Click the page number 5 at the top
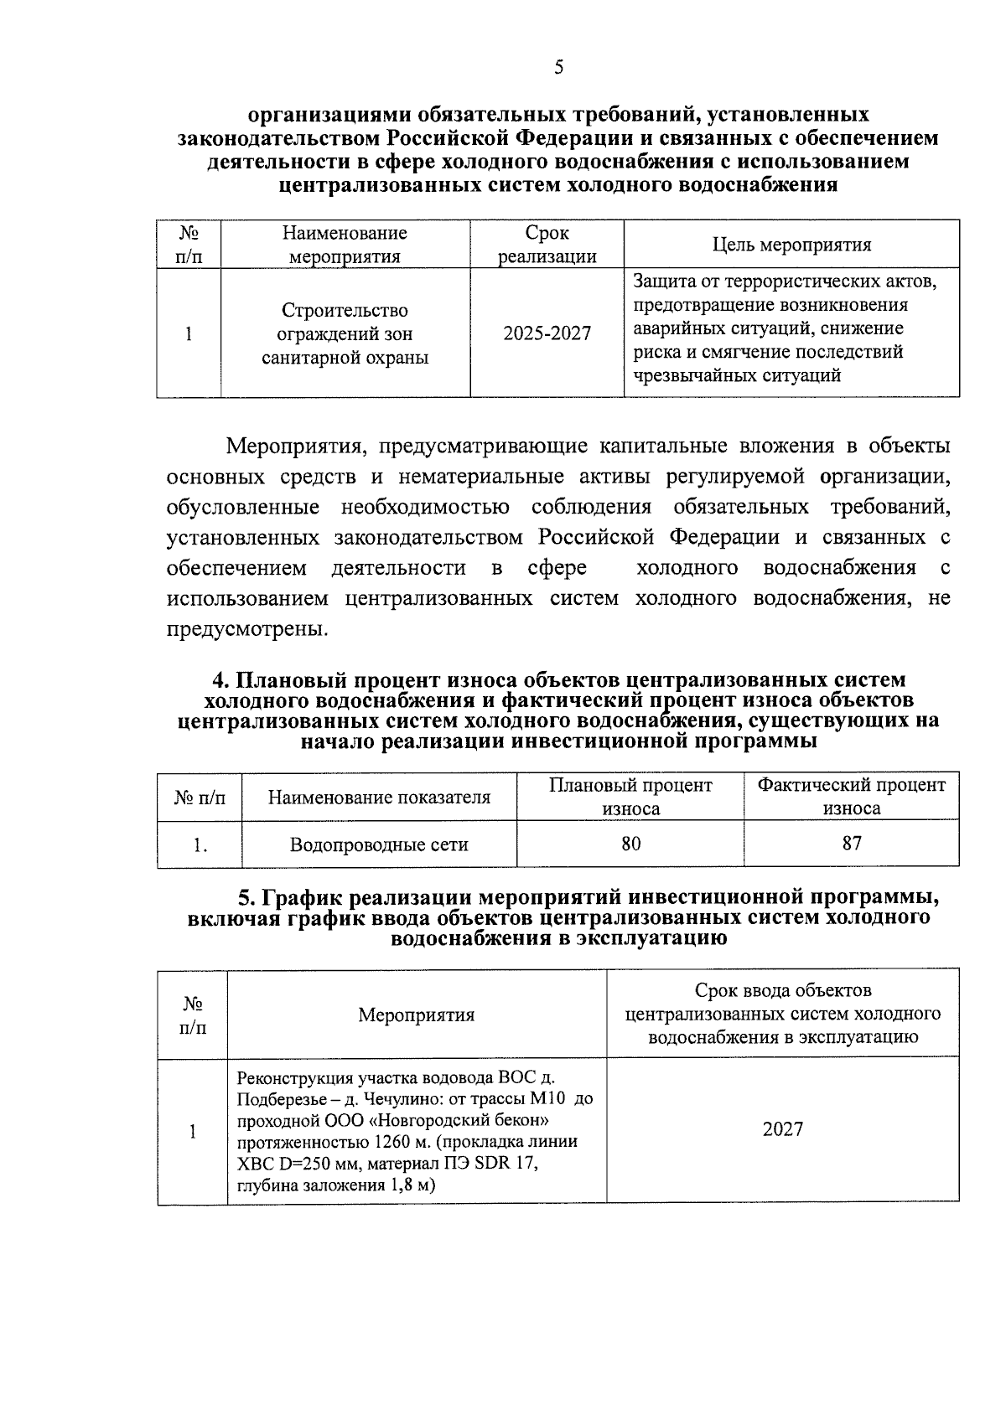558,68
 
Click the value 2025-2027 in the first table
547,333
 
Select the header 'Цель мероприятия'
791,245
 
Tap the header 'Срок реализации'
547,245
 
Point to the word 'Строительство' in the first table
345,311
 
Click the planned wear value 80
630,844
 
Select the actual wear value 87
851,844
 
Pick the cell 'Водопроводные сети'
379,844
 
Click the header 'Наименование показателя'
379,798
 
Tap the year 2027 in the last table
782,1129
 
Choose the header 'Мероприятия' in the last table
417,1015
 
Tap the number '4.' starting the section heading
222,680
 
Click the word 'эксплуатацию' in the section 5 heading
651,938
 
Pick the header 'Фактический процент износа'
851,797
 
